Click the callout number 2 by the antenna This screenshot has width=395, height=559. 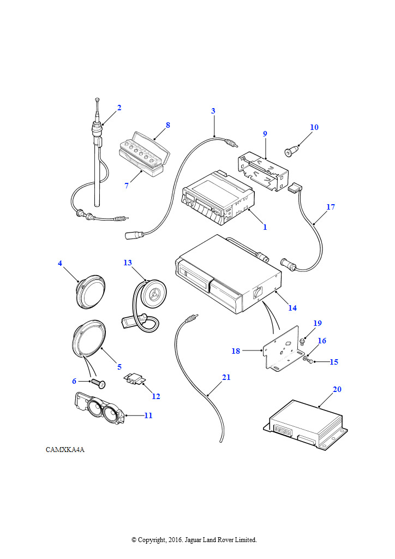tap(119, 108)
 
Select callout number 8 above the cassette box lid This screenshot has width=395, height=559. tap(168, 125)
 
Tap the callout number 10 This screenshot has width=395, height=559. tap(314, 127)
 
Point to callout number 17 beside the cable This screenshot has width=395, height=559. tap(331, 207)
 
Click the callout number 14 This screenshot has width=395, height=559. tap(292, 308)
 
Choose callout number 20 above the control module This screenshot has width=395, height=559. tap(337, 389)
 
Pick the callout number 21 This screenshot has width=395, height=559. tap(226, 377)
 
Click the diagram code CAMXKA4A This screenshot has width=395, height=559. tap(65, 450)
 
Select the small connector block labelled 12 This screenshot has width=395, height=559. tap(134, 379)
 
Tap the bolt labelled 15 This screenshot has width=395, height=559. tap(311, 361)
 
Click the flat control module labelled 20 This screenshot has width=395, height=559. tap(306, 424)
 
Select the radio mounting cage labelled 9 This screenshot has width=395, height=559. tap(263, 172)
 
